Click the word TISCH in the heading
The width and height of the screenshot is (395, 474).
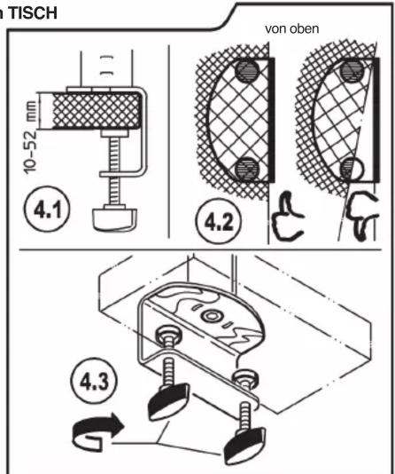click(x=33, y=13)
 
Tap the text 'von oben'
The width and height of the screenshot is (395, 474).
click(x=292, y=29)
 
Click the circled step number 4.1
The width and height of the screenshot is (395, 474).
click(x=47, y=209)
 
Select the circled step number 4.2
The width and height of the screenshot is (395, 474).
click(x=219, y=221)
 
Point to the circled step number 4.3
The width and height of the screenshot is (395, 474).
click(x=94, y=381)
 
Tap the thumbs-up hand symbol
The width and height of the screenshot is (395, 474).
click(x=287, y=217)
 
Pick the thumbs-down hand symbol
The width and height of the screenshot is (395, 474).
click(x=362, y=217)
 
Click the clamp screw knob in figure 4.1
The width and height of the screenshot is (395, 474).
click(x=115, y=219)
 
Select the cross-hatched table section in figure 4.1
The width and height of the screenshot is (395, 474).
click(x=97, y=111)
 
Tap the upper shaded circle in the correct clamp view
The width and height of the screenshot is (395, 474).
click(x=247, y=71)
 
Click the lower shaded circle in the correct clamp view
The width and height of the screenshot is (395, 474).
click(x=247, y=169)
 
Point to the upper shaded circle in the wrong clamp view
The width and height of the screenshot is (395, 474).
click(x=352, y=71)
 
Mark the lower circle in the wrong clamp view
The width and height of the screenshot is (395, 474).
click(x=352, y=169)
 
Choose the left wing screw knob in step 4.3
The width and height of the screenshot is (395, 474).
click(x=168, y=401)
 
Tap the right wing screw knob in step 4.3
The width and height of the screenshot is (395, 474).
click(x=244, y=446)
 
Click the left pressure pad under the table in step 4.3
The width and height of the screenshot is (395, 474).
click(x=169, y=334)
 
